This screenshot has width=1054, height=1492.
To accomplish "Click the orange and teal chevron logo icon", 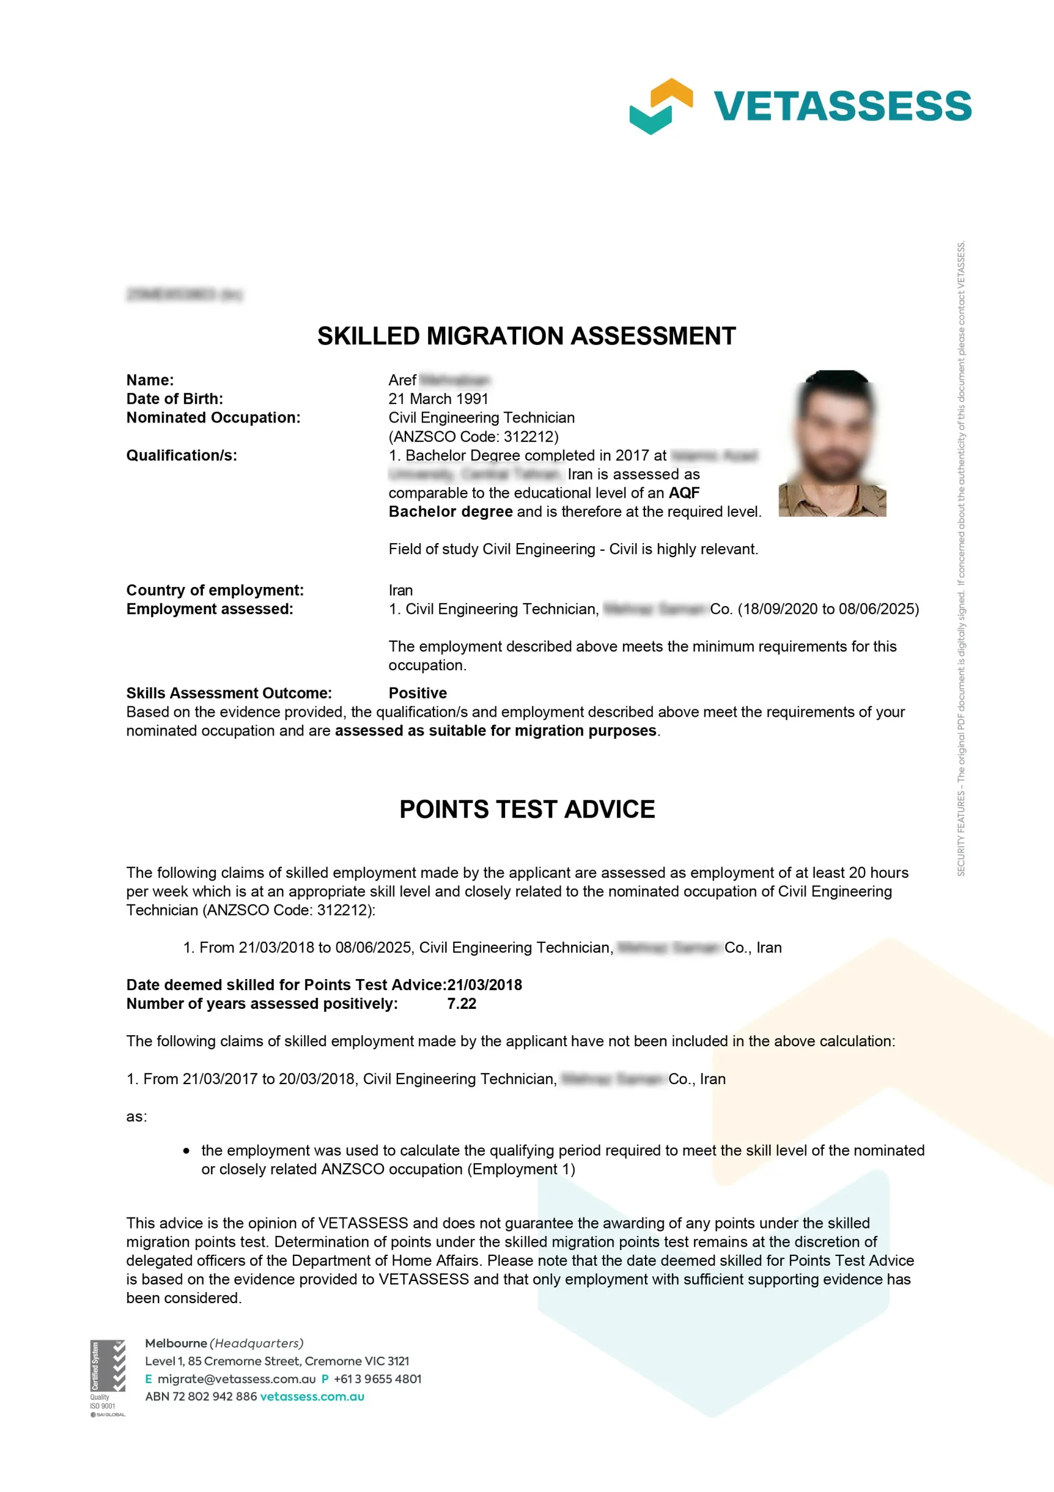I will [x=660, y=106].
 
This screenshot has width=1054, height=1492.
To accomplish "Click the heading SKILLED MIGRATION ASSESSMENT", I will [x=526, y=336].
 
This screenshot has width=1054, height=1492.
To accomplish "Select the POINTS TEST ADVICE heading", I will [x=527, y=809].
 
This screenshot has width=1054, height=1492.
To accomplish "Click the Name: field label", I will [x=150, y=380].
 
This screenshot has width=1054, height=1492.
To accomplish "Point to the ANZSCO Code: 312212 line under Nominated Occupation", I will [x=473, y=436].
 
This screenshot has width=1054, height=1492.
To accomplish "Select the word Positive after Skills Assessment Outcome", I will [x=417, y=693].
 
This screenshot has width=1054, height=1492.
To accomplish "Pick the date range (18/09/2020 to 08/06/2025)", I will [x=828, y=609].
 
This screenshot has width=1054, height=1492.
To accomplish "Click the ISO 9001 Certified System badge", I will [x=107, y=1377].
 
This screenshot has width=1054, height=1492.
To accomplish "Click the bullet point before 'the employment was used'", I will [x=186, y=1151].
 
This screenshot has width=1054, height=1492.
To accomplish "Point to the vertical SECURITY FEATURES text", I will [x=960, y=559].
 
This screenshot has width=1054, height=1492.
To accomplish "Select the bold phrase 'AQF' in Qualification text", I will [x=683, y=492].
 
